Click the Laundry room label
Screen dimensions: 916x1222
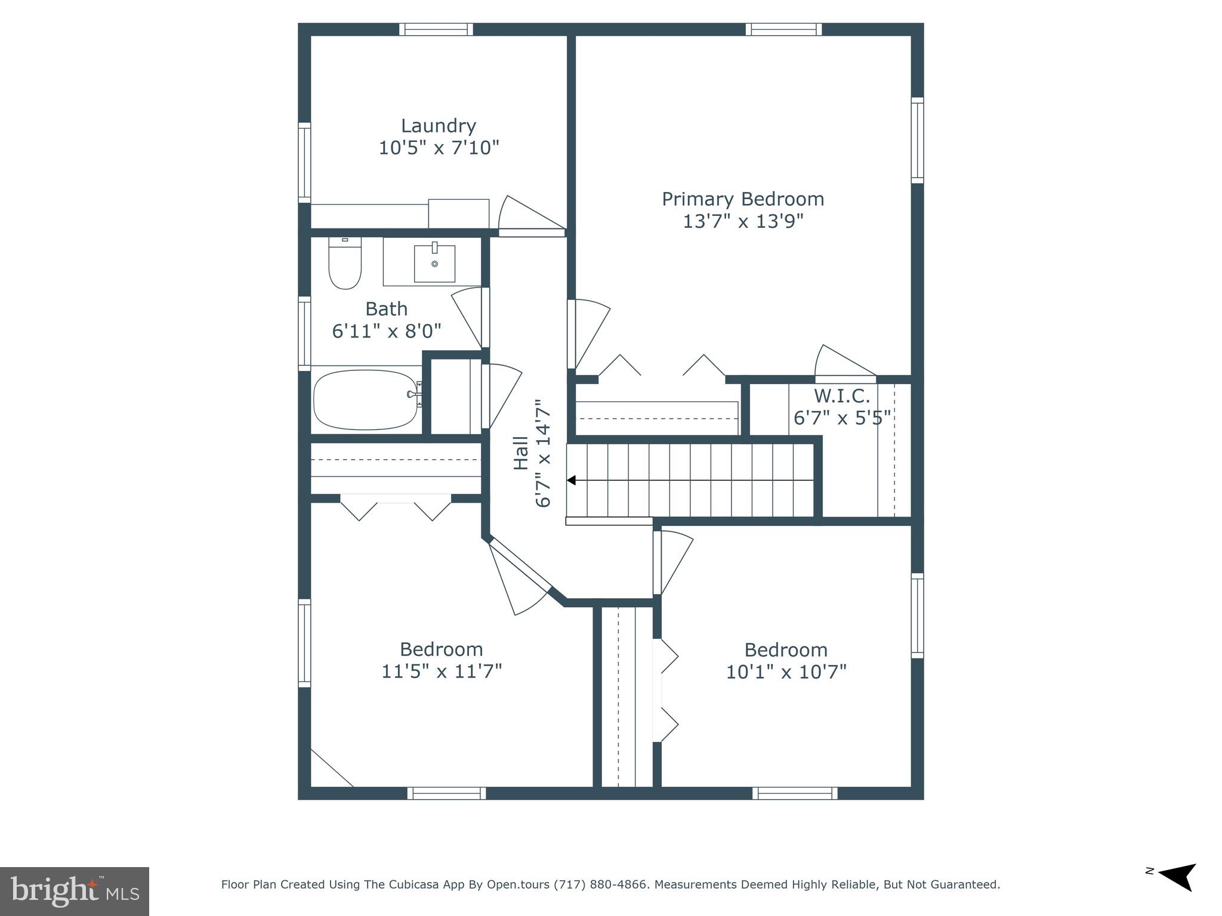coord(438,126)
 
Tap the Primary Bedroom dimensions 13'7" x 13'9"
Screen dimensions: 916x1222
coord(743,221)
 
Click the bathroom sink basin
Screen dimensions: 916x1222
coord(434,263)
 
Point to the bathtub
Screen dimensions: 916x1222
coord(365,400)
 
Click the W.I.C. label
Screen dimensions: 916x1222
coord(842,395)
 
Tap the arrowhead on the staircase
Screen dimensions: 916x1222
coord(571,480)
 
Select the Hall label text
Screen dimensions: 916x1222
coord(521,453)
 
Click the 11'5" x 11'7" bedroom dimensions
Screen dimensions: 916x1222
coord(441,671)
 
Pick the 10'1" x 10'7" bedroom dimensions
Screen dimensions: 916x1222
coord(786,672)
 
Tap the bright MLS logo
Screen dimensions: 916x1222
coord(74,891)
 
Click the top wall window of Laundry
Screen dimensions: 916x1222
coord(436,29)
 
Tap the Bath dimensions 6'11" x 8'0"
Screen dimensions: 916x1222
coord(386,330)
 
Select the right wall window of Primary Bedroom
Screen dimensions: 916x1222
coord(917,140)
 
